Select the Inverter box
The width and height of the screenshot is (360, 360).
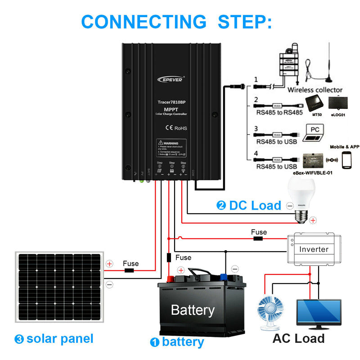pyautogui.click(x=314, y=249)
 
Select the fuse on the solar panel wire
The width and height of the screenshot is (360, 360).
pyautogui.click(x=130, y=271)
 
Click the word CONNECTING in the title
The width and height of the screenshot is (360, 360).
pyautogui.click(x=143, y=21)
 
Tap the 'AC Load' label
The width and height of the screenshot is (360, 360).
pyautogui.click(x=298, y=338)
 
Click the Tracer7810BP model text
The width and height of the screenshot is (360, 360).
pyautogui.click(x=171, y=103)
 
